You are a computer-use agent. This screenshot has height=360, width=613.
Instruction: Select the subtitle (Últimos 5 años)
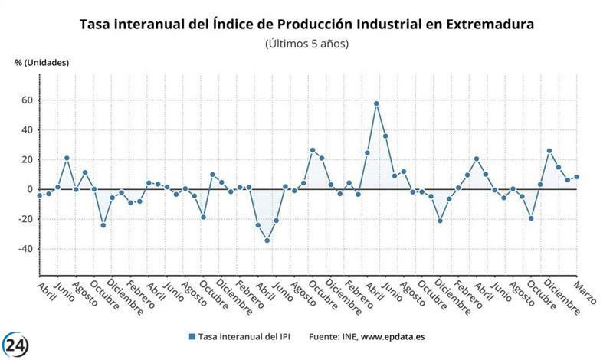(x=306, y=44)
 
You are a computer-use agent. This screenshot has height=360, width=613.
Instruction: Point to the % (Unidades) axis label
(x=42, y=62)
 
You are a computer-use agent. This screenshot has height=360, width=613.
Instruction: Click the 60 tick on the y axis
(x=27, y=100)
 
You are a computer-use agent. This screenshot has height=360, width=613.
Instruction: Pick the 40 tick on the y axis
(x=27, y=130)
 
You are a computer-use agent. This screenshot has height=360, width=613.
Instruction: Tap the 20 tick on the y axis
(x=27, y=160)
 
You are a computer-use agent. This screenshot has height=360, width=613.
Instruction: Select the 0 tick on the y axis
(x=30, y=189)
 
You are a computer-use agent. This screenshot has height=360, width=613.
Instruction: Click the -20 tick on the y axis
(x=25, y=219)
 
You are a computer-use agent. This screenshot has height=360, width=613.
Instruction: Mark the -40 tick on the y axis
(x=25, y=249)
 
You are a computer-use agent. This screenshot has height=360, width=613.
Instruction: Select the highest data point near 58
(x=376, y=103)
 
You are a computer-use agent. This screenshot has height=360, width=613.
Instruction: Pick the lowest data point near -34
(x=267, y=241)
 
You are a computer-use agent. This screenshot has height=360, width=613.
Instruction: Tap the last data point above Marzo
(x=576, y=177)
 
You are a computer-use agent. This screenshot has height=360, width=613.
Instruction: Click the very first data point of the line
(x=39, y=195)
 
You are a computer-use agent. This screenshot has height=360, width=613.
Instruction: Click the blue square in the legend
(x=192, y=336)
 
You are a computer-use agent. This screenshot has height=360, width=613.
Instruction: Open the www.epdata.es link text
(x=395, y=336)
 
